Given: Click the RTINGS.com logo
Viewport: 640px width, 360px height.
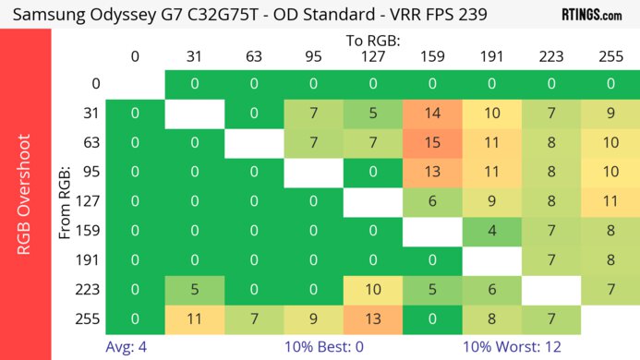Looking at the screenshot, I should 592,15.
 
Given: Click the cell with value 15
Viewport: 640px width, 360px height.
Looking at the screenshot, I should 431,143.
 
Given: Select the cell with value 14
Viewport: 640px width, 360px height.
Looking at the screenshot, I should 431,114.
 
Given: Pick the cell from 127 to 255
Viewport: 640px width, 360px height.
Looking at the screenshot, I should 610,202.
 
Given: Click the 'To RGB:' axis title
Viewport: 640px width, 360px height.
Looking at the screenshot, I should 372,42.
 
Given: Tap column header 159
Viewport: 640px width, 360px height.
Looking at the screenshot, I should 431,57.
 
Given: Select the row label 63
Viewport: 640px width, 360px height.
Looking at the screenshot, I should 90,143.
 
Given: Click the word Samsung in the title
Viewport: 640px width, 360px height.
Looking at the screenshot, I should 53,16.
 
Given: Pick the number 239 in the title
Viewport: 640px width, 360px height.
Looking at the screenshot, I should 471,16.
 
